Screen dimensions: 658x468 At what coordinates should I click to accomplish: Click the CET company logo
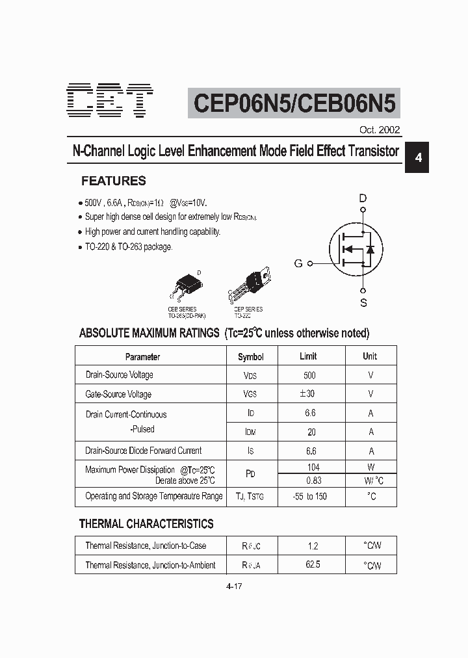coord(111,101)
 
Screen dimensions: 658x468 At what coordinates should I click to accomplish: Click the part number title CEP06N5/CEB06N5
coord(294,103)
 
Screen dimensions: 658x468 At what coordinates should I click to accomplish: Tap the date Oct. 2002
coord(380,129)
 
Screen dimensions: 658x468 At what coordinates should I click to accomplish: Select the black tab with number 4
coord(419,158)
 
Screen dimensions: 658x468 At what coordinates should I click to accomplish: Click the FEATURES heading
coord(113,181)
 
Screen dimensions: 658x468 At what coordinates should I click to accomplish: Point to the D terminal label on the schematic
coord(363,198)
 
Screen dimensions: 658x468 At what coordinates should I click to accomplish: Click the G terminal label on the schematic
coord(298,263)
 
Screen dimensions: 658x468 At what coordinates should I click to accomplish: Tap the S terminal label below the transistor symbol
coord(363,302)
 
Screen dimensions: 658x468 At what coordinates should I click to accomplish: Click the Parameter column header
coord(142,357)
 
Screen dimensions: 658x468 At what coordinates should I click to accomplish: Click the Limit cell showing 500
coord(309,375)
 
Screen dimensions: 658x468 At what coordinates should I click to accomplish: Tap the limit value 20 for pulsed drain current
coord(311,432)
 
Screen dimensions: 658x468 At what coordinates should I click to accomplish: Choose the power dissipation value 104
coord(312,467)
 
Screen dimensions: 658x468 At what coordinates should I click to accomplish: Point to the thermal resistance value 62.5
coord(313,565)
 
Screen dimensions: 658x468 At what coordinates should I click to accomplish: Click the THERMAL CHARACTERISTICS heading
coord(146,523)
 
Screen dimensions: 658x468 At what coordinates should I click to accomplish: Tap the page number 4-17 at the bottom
coord(234,586)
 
